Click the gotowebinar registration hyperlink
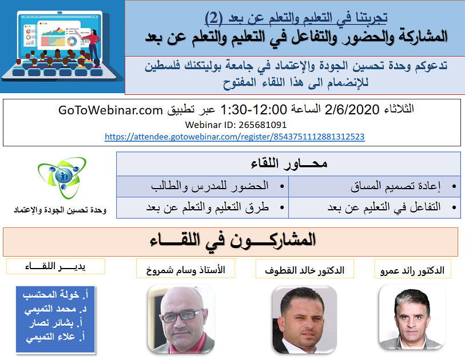pyautogui.click(x=235, y=137)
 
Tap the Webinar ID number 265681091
pyautogui.click(x=263, y=125)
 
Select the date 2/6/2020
pyautogui.click(x=352, y=110)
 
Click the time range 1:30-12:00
pyautogui.click(x=254, y=110)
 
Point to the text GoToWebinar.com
pyautogui.click(x=110, y=110)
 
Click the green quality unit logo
pyautogui.click(x=62, y=178)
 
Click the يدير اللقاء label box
pyautogui.click(x=55, y=266)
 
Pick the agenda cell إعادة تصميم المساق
pyautogui.click(x=375, y=186)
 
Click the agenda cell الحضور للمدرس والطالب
pyautogui.click(x=202, y=186)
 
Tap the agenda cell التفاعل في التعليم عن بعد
pyautogui.click(x=375, y=207)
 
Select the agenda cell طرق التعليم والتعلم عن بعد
pyautogui.click(x=202, y=207)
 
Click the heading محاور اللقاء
pyautogui.click(x=289, y=164)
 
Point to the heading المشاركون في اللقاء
pyautogui.click(x=232, y=241)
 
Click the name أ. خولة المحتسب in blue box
pyautogui.click(x=55, y=294)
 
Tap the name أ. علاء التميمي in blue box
pyautogui.click(x=55, y=337)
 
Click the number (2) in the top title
pyautogui.click(x=214, y=18)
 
